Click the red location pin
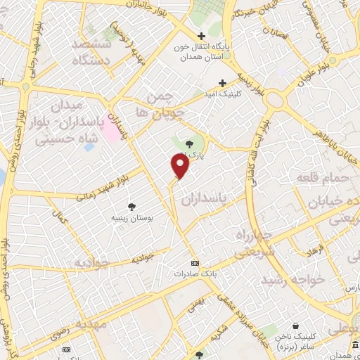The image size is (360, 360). click(x=181, y=166)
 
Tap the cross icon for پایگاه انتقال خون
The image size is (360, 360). click(x=202, y=36)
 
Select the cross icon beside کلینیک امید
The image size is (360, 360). click(x=224, y=83)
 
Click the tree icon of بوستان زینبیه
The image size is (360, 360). click(x=131, y=206)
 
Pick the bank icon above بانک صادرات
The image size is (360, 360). click(x=195, y=262)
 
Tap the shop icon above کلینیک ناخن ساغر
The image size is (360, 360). click(x=295, y=326)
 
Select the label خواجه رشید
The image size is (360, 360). click(x=292, y=279)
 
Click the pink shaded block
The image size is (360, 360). click(x=112, y=124)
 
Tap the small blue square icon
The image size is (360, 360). click(x=88, y=146)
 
